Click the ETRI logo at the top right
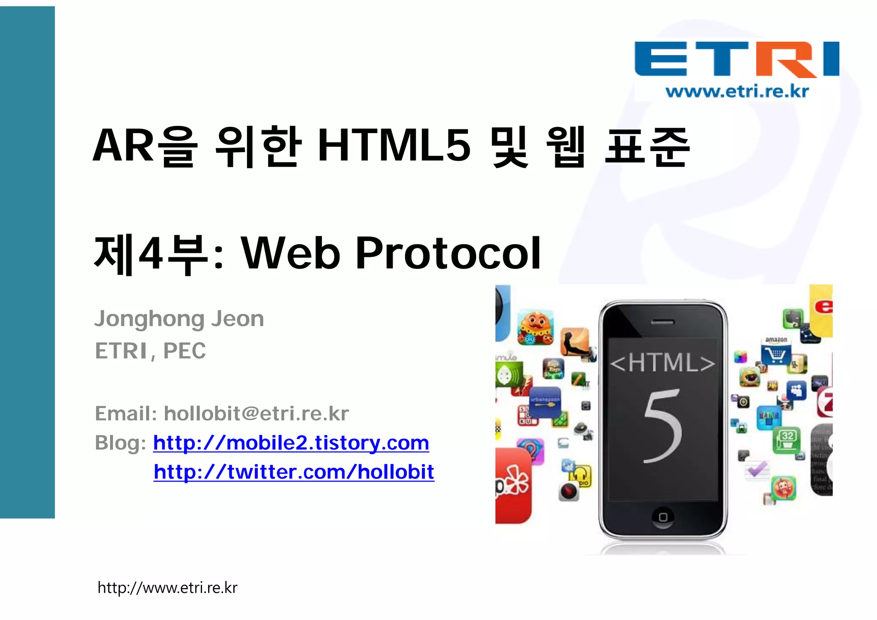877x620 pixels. (737, 59)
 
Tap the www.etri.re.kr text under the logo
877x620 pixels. (737, 92)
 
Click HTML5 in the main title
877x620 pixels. (394, 146)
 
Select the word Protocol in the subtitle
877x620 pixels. (448, 253)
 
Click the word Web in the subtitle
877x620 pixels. (291, 253)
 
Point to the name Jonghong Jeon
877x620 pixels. (179, 319)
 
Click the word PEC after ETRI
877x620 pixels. (185, 351)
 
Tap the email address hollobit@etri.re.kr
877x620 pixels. (257, 414)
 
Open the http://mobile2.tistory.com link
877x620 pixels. (291, 443)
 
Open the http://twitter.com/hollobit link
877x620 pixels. (294, 472)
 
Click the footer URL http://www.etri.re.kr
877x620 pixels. (167, 588)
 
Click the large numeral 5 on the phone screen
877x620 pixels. (662, 426)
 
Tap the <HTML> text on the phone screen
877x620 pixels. (662, 363)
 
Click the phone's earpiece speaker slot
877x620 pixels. (662, 322)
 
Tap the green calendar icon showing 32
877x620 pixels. (787, 440)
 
